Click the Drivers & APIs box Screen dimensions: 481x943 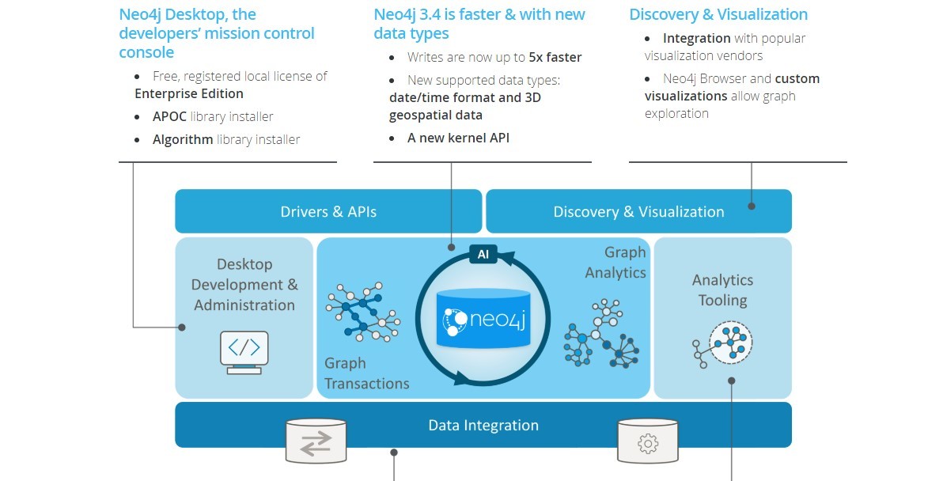pos(328,211)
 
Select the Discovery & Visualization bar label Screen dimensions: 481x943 pos(638,212)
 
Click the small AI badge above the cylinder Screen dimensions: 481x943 pos(483,254)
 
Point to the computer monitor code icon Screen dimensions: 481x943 pos(244,351)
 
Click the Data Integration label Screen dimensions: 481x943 pos(483,425)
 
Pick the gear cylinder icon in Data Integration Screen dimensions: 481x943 pos(648,441)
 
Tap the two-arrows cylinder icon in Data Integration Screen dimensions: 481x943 pos(316,441)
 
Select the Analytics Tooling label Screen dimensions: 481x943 pos(722,290)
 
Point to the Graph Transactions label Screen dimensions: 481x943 pos(366,373)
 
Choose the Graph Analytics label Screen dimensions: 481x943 pos(616,262)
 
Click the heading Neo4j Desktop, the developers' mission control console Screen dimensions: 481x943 pos(217,33)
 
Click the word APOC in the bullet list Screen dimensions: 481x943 pos(169,116)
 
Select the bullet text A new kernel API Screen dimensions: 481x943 pos(458,138)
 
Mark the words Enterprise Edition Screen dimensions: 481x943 pos(188,93)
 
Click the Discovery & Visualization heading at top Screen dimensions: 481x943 pos(718,14)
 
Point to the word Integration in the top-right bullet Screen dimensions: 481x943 pos(696,38)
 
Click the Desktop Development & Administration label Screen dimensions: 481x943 pos(244,285)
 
